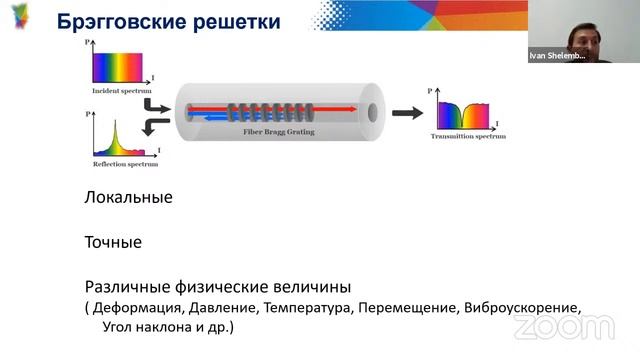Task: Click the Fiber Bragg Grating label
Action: (x=271, y=131)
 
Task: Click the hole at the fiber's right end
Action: (x=373, y=111)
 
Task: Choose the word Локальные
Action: (x=128, y=197)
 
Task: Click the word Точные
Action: (x=112, y=242)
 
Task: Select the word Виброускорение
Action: (x=522, y=308)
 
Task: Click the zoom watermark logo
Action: (x=577, y=328)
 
